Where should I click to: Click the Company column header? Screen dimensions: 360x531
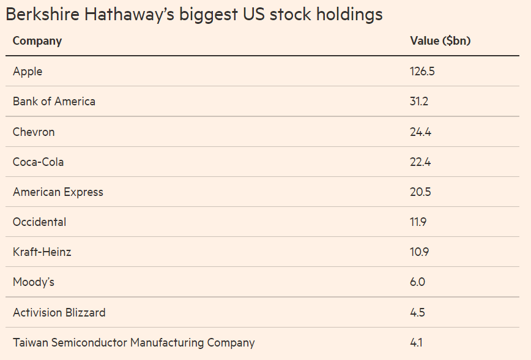click(37, 41)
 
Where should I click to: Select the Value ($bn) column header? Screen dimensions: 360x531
click(440, 41)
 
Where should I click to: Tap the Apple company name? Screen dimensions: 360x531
click(28, 72)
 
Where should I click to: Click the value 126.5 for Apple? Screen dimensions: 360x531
click(422, 72)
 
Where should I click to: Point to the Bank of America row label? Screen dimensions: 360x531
click(54, 102)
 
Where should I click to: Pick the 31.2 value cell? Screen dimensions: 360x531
click(419, 102)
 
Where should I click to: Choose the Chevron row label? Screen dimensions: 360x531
click(34, 132)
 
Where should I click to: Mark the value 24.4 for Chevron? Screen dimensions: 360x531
click(420, 132)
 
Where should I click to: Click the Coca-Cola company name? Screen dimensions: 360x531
click(38, 162)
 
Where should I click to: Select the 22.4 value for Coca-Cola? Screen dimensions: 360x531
click(420, 162)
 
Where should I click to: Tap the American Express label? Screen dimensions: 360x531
click(58, 192)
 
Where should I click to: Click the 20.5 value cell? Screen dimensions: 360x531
click(420, 192)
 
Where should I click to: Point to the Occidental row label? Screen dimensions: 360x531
click(39, 222)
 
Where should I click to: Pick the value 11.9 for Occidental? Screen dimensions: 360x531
click(418, 222)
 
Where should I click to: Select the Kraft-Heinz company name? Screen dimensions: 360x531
click(42, 252)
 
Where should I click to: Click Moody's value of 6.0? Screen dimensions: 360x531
click(417, 282)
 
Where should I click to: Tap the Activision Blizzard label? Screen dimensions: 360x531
click(59, 313)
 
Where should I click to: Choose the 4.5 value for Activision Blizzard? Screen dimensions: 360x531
click(417, 313)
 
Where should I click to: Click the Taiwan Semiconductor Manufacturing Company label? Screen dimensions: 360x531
click(133, 343)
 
